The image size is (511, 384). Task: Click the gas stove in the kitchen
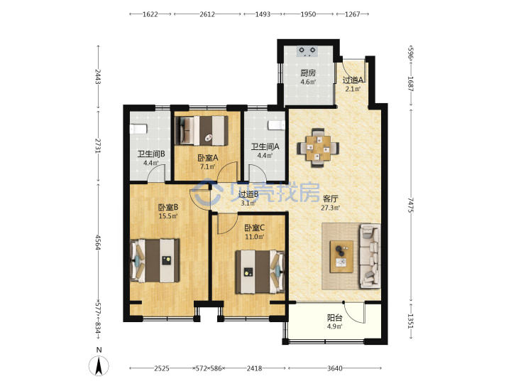pyautogui.click(x=307, y=51)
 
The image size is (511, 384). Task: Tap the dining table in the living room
pyautogui.click(x=318, y=148)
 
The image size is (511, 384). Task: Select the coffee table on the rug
pyautogui.click(x=341, y=257)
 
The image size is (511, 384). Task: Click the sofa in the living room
pyautogui.click(x=370, y=256)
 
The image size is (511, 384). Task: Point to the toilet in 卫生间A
pyautogui.click(x=277, y=125)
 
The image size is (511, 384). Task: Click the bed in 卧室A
pyautogui.click(x=202, y=131)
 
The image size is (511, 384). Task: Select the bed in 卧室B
pyautogui.click(x=155, y=260)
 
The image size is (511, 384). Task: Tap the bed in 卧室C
pyautogui.click(x=260, y=272)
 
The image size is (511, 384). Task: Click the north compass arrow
pyautogui.click(x=99, y=366)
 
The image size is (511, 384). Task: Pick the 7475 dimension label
pyautogui.click(x=411, y=205)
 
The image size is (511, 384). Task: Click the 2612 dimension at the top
pyautogui.click(x=207, y=14)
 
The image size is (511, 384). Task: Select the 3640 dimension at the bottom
pyautogui.click(x=335, y=368)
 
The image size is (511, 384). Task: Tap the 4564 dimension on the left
pyautogui.click(x=98, y=242)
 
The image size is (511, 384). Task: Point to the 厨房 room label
pyautogui.click(x=308, y=73)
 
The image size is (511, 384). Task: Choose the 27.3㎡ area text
pyautogui.click(x=331, y=208)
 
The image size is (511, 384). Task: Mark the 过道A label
pyautogui.click(x=353, y=80)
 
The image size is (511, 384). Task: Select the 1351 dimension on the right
pyautogui.click(x=411, y=321)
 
